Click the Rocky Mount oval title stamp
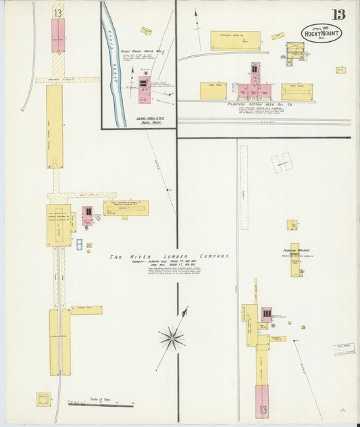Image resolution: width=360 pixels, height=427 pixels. (322, 32)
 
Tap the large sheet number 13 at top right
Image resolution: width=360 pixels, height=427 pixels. (338, 14)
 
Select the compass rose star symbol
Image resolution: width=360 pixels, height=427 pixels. (173, 337)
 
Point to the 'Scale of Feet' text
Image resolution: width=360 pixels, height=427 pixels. (99, 399)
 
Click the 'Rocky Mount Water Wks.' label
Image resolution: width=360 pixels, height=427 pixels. (143, 51)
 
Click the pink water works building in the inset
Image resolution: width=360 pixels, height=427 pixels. (143, 89)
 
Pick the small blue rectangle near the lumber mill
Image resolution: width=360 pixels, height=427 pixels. (79, 245)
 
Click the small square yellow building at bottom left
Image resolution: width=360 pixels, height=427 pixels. (44, 399)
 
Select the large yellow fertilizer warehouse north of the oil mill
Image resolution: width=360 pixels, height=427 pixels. (234, 41)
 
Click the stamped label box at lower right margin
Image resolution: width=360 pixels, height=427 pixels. (344, 349)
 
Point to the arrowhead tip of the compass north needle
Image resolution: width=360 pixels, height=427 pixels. (186, 309)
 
